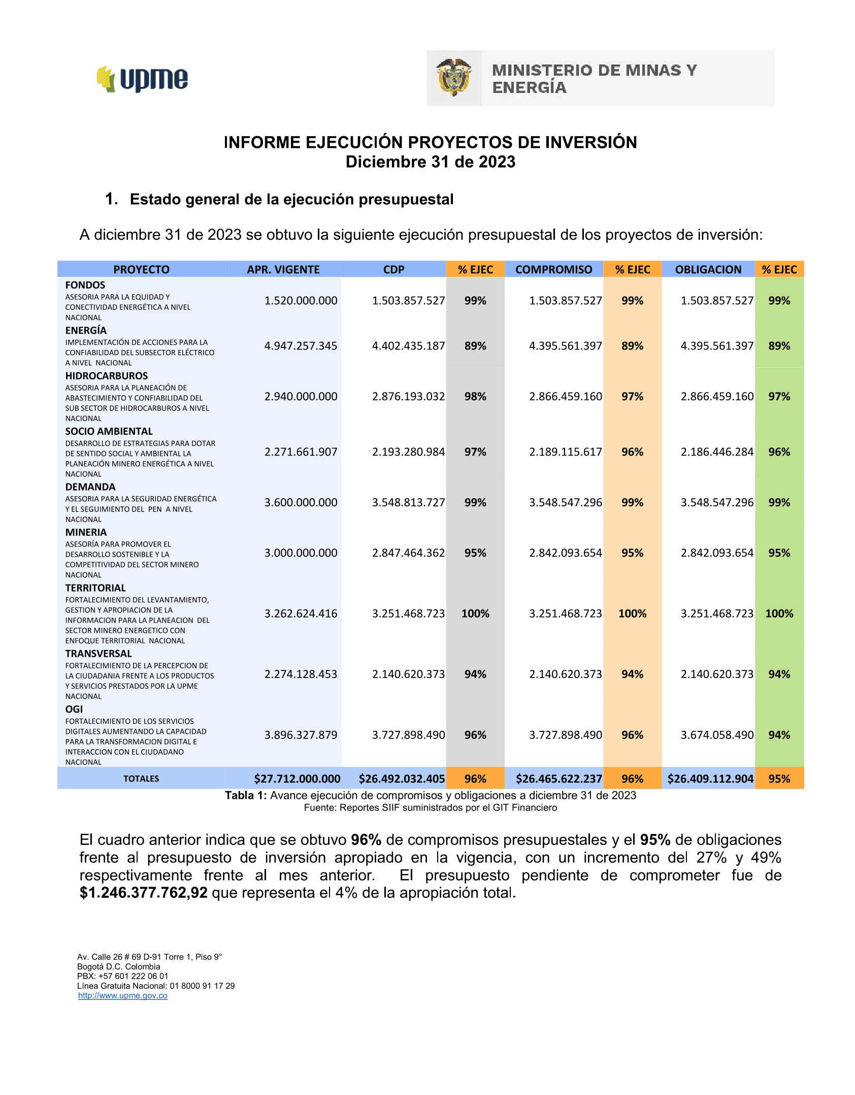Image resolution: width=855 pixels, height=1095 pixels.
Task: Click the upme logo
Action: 143,79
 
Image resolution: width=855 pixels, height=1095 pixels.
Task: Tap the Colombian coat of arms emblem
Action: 454,78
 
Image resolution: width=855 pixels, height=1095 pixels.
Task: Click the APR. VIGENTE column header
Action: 283,270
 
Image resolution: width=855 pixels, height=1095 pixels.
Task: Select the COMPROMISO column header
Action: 553,270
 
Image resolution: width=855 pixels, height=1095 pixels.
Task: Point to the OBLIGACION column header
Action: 708,270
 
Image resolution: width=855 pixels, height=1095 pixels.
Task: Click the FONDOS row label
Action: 85,285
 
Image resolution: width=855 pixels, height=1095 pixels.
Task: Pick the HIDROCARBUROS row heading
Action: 107,376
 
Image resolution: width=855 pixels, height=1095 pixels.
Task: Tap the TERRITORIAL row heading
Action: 95,588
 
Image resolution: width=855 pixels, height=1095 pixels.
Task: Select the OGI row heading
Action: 74,709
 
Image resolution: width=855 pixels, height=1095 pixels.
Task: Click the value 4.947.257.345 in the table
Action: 301,346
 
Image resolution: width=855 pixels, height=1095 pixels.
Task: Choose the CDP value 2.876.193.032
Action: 408,396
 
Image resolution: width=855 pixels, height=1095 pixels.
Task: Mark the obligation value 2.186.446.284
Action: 717,452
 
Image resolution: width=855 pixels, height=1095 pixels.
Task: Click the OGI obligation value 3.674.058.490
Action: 717,735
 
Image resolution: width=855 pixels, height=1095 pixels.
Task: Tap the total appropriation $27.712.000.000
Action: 297,779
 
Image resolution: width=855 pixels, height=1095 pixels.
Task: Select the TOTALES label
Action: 141,779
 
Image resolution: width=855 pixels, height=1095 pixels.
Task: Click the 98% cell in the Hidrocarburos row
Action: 475,396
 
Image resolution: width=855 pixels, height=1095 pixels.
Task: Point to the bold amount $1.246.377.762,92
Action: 144,893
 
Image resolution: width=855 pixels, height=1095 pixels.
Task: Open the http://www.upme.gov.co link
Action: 123,995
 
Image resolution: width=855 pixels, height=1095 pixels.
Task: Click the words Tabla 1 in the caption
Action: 246,795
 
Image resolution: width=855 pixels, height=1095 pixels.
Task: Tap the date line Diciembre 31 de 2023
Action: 431,162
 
